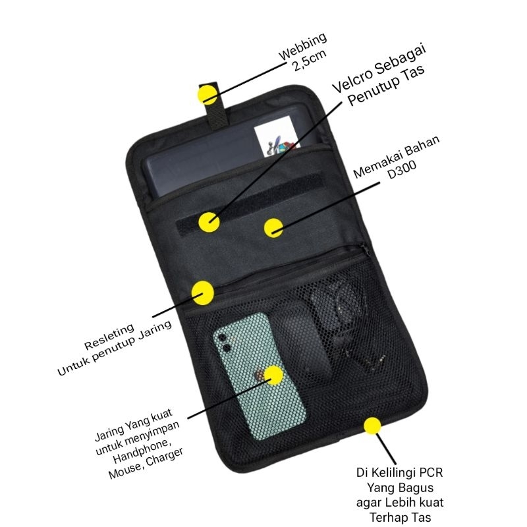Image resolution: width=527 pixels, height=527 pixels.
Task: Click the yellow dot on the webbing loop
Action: pos(208,94)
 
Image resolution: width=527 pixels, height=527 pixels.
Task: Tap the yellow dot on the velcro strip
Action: pos(210,221)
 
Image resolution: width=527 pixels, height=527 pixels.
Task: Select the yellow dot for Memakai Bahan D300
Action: pos(273,228)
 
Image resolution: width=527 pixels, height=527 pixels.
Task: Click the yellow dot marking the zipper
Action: pos(203,292)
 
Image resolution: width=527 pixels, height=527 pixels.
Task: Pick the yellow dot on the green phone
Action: pos(273,375)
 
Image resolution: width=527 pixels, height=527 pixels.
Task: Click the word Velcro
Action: pos(352,80)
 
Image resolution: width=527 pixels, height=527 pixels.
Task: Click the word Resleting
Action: pos(109,337)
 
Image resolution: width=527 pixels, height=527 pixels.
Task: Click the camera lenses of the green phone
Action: pos(223,343)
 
